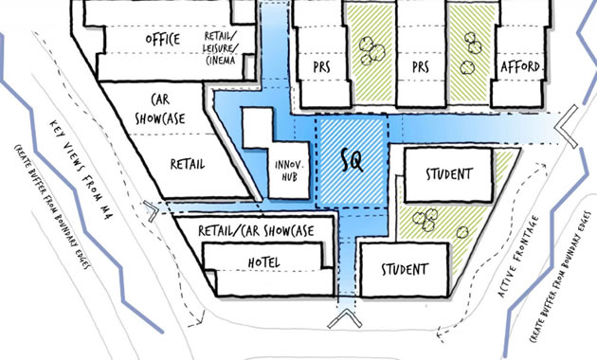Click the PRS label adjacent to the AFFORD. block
click(420, 67)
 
